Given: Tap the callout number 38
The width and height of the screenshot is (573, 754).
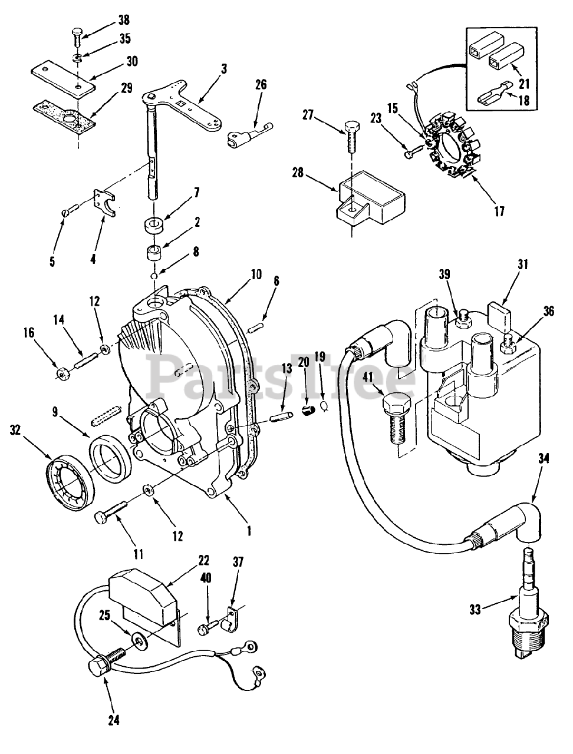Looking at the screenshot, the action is click(x=124, y=19).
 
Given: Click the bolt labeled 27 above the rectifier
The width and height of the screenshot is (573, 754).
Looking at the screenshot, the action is click(x=351, y=137).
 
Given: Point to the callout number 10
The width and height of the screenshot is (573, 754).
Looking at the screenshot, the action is click(x=256, y=274).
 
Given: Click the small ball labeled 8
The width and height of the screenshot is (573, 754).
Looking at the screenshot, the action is click(x=154, y=276).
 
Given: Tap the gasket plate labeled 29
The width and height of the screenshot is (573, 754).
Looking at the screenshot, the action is click(x=64, y=117).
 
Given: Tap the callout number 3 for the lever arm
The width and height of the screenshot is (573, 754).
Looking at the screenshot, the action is click(x=224, y=69).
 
